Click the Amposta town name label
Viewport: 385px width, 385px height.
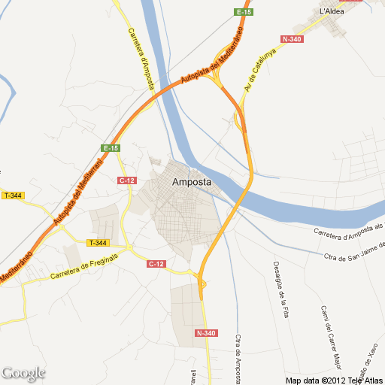pos(191,182)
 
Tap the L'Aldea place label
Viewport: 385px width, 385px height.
pos(332,12)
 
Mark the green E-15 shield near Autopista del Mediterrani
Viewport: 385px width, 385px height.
pos(111,148)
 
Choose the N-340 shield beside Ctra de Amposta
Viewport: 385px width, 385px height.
pos(205,333)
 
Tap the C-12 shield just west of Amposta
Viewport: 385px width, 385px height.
pos(126,180)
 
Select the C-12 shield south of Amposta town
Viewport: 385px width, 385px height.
pos(156,263)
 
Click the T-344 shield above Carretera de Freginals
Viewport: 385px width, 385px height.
pos(98,242)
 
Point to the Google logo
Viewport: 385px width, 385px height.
pos(23,373)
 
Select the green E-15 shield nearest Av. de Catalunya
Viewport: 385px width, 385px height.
pos(243,13)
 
